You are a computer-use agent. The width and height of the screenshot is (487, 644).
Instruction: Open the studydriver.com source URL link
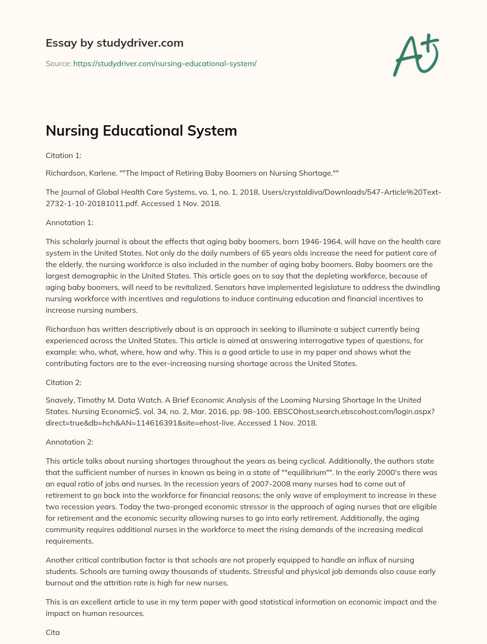165,63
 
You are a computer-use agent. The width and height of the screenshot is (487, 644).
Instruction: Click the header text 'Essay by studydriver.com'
114,43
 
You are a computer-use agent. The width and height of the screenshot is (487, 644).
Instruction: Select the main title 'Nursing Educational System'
141,130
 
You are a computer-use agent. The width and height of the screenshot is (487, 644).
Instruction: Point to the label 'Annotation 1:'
69,222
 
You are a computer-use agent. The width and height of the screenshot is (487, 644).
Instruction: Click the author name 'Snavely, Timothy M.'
80,400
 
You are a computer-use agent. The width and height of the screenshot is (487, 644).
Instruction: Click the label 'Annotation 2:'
69,442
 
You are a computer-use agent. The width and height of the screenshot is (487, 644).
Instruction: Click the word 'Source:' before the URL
58,63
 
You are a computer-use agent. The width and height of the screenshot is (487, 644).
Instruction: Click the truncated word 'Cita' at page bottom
53,633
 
